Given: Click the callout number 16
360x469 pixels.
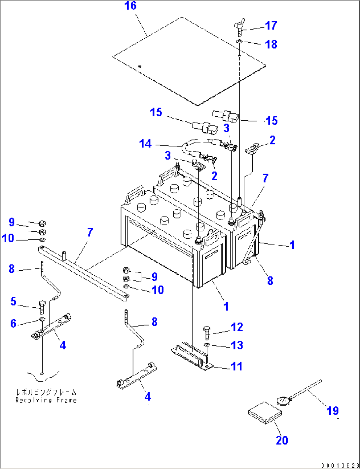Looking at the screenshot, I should coord(130,6).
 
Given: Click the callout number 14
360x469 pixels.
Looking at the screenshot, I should coord(145,144).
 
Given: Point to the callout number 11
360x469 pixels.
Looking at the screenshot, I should coord(236,366).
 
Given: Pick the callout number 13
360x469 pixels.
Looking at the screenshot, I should coord(237,345).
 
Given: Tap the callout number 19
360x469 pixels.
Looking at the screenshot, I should coord(333,410).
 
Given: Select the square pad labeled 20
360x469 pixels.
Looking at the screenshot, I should coord(265,412).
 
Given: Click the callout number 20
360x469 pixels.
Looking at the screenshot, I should coord(282,440).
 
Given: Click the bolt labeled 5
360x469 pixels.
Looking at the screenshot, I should coord(42,307).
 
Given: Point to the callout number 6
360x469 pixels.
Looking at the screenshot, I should coord(13,323).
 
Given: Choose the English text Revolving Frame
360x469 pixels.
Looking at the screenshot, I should coord(46,400).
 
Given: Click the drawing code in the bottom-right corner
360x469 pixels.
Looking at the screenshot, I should coord(340,465).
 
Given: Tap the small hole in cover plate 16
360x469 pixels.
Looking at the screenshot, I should coord(140,66).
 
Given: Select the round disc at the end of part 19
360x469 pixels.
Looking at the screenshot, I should coord(282,401).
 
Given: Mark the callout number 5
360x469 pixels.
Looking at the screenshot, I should coord(13,301).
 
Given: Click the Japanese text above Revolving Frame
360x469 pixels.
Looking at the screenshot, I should coord(46,392).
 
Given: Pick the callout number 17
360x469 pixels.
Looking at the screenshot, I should coord(271,25).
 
